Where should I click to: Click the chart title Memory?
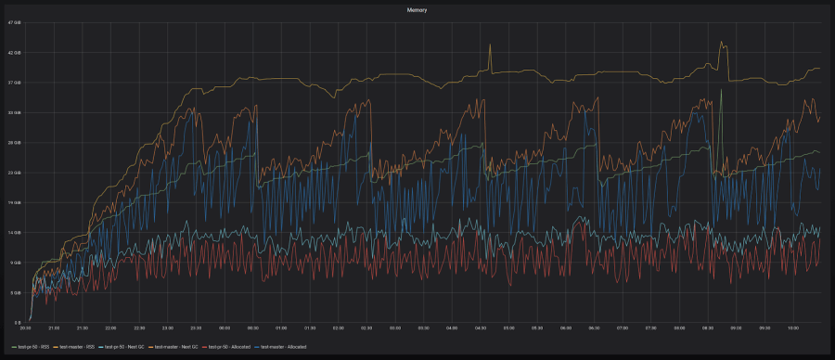click(x=417, y=9)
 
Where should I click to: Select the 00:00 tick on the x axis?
click(x=225, y=328)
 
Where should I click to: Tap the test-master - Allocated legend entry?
click(x=286, y=346)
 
